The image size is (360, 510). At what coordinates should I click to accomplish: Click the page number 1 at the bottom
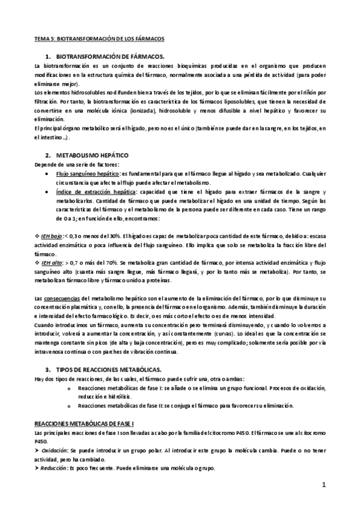pos(323,485)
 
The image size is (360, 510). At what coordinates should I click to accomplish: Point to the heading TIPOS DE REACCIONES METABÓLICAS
pos(111,368)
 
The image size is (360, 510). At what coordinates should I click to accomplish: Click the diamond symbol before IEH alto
pos(37,263)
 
